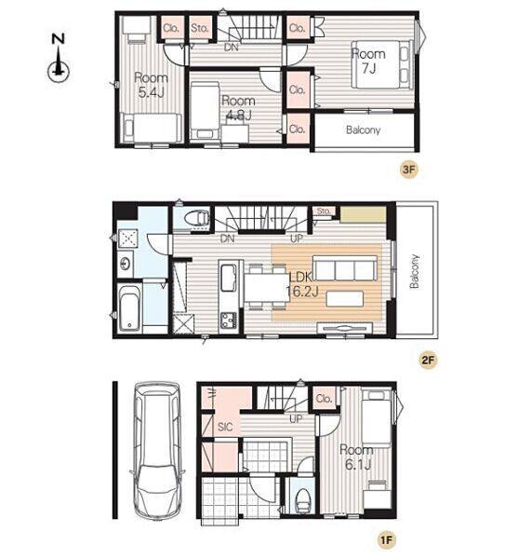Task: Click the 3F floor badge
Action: [x=408, y=170]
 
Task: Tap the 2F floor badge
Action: [x=428, y=360]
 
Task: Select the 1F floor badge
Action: [x=387, y=540]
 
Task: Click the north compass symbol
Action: [x=58, y=59]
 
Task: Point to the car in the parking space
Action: [x=157, y=451]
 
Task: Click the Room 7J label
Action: [x=368, y=61]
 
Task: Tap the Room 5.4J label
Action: [x=151, y=85]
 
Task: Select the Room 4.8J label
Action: [x=238, y=108]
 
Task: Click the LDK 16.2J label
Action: [x=302, y=284]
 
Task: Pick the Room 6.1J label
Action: [x=356, y=457]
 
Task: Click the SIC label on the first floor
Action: [x=225, y=427]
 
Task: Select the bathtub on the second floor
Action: [x=129, y=307]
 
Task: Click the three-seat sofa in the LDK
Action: [x=345, y=267]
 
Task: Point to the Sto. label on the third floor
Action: [x=199, y=28]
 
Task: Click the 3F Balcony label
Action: [x=363, y=130]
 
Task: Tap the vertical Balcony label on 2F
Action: [x=414, y=271]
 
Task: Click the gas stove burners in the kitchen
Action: [x=229, y=320]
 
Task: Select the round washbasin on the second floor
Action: [x=125, y=264]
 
